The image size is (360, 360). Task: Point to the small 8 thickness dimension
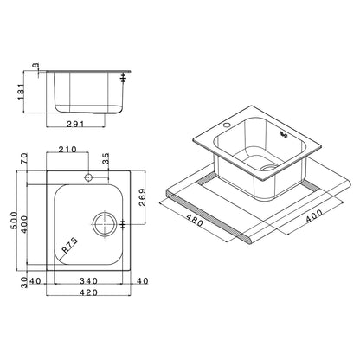(35, 67)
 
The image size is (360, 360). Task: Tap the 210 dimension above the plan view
(67, 150)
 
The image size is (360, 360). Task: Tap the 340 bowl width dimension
(87, 280)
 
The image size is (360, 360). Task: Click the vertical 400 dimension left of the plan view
(24, 222)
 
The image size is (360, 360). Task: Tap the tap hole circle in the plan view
(87, 178)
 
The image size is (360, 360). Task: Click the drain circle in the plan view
(106, 223)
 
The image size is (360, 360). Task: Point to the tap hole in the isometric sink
(226, 126)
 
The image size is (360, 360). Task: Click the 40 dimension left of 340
(35, 280)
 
